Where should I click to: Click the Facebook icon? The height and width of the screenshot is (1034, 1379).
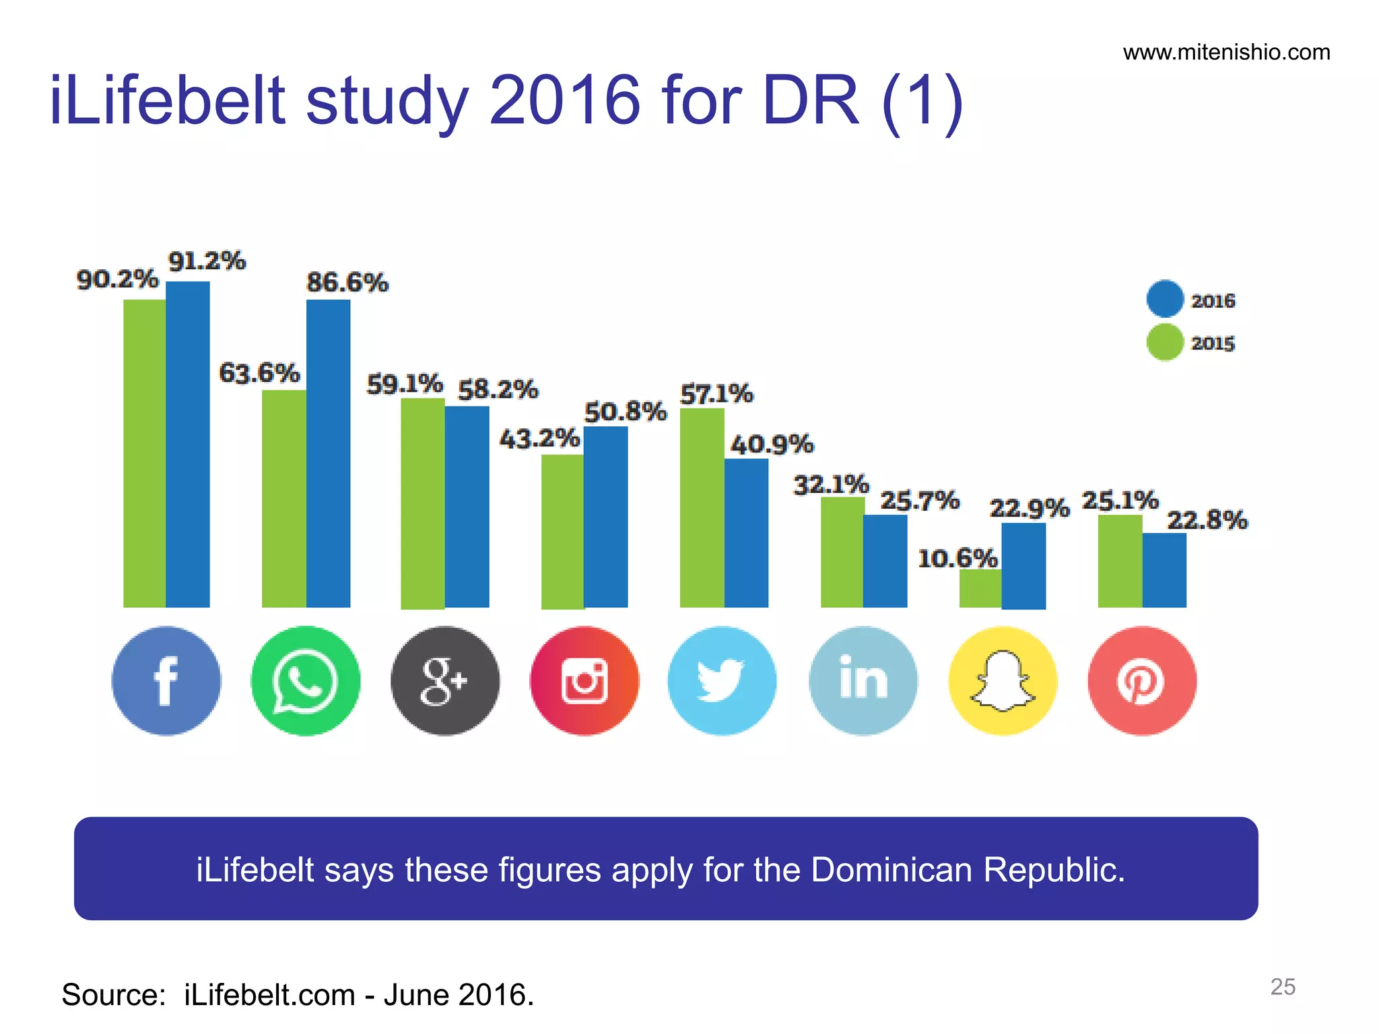coord(166,681)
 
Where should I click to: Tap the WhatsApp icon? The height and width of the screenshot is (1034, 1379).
coord(306,681)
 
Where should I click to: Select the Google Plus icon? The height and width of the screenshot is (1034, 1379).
coord(445,681)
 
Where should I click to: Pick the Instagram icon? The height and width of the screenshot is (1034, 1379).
coord(584,681)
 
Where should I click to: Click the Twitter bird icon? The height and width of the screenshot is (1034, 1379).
coord(722,681)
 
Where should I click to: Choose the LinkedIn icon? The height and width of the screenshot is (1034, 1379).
coord(863,681)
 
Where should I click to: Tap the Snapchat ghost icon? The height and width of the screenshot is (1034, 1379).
coord(1003,681)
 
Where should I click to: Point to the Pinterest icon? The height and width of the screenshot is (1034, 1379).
coord(1142,681)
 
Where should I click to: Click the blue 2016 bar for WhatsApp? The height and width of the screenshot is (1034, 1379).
coord(328,453)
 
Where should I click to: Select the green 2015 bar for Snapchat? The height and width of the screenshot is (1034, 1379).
coord(980,588)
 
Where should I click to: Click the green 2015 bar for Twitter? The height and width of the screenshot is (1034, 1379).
coord(702,508)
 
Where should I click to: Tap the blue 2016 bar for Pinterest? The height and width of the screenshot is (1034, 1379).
coord(1164,570)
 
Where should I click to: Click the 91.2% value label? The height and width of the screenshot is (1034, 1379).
coord(207,261)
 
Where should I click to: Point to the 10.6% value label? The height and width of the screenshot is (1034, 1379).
coord(957,558)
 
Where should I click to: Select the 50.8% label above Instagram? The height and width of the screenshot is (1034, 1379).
coord(625,411)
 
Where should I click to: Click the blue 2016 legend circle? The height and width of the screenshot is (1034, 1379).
coord(1165,298)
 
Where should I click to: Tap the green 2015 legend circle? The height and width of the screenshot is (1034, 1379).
coord(1165,342)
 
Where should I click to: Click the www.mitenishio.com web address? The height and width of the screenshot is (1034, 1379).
coord(1226,53)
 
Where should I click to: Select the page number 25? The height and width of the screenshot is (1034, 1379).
coord(1282,986)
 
